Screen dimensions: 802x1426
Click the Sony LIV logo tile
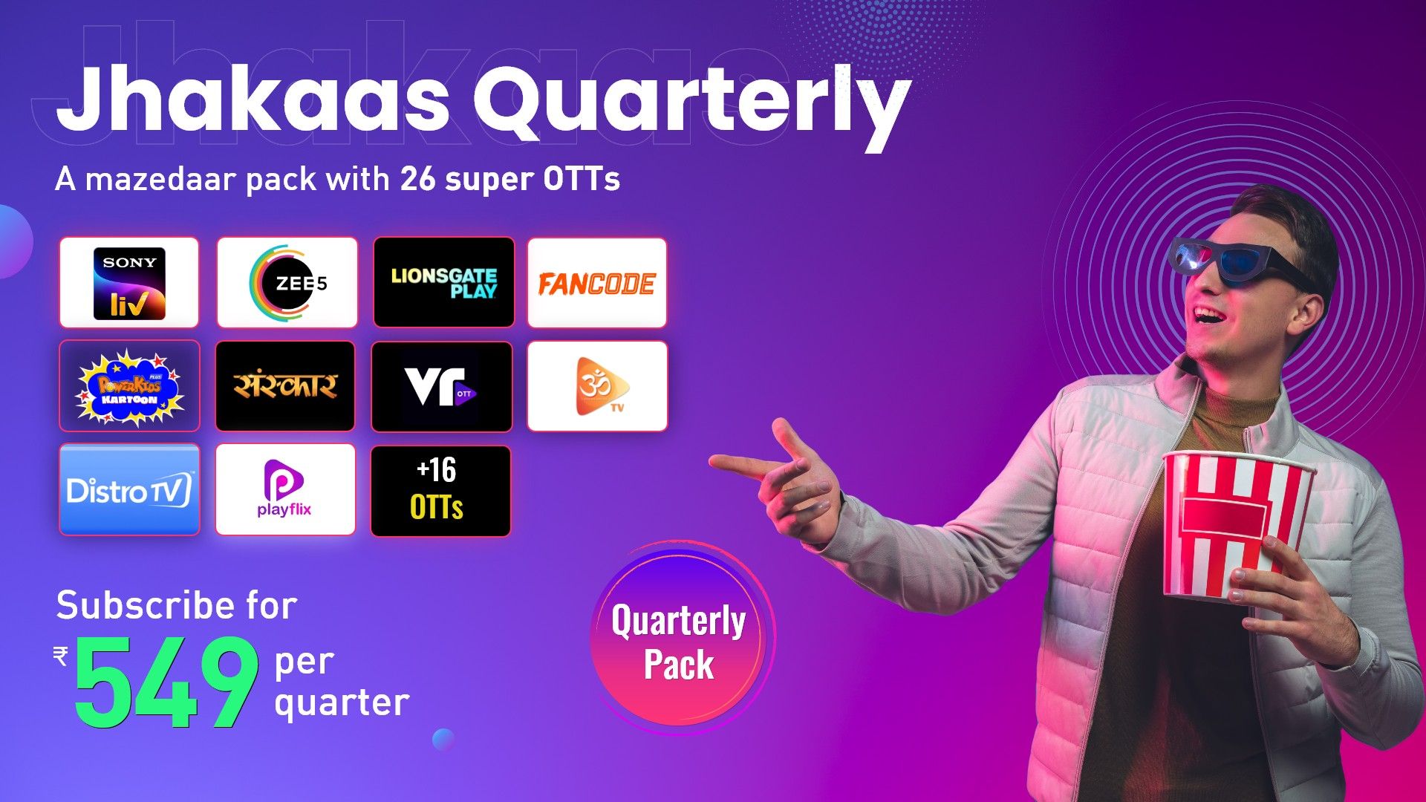(x=129, y=283)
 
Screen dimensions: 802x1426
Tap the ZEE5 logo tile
(x=287, y=283)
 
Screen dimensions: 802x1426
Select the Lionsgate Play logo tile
(x=443, y=283)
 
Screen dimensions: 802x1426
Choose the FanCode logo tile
(x=597, y=283)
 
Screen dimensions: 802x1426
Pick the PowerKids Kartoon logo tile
(x=129, y=386)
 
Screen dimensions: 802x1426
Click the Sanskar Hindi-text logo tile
(x=285, y=386)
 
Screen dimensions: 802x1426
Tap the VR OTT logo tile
(x=441, y=386)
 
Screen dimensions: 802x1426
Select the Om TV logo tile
(x=597, y=386)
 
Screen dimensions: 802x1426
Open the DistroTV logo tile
(x=129, y=490)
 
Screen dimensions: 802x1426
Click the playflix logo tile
(x=285, y=490)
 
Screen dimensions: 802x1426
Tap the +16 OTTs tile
(x=440, y=490)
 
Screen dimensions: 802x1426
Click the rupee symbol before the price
(x=61, y=656)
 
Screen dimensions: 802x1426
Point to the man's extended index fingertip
(x=714, y=462)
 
